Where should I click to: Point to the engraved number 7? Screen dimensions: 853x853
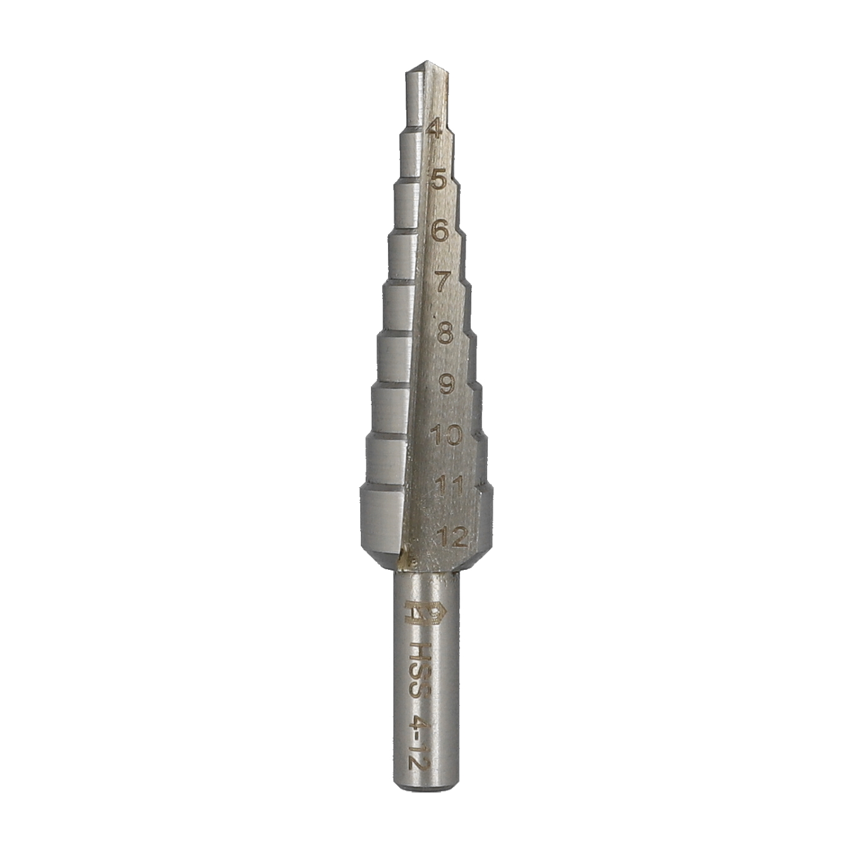442,282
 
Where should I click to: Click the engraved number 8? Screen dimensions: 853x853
445,334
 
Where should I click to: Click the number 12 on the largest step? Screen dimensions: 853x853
452,537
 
